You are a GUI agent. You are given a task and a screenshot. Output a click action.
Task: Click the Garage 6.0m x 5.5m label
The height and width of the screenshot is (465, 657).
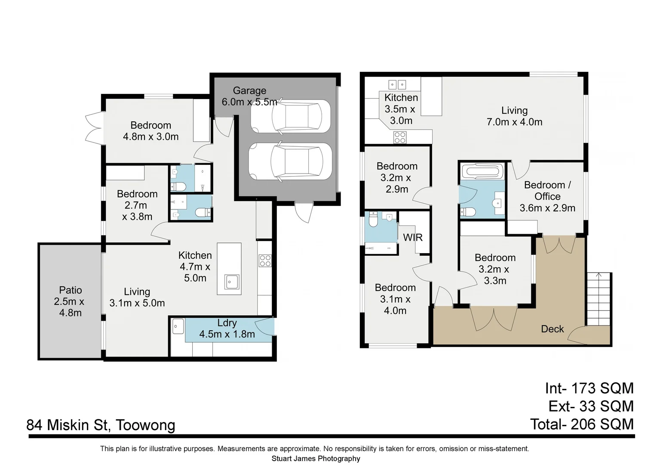pyautogui.click(x=249, y=96)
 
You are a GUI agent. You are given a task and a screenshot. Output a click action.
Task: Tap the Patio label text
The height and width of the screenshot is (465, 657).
pyautogui.click(x=71, y=290)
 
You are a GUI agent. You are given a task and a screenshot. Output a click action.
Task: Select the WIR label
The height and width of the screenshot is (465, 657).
pyautogui.click(x=413, y=237)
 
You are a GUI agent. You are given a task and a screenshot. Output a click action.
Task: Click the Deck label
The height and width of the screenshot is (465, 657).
pyautogui.click(x=552, y=329)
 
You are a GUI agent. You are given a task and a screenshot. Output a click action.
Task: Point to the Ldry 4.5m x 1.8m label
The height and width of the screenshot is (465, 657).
pyautogui.click(x=227, y=329)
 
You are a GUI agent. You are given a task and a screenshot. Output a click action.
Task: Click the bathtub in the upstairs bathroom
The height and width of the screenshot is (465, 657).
pyautogui.click(x=481, y=171)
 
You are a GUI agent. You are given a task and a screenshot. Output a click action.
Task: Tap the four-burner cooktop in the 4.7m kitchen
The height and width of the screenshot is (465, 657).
pyautogui.click(x=265, y=261)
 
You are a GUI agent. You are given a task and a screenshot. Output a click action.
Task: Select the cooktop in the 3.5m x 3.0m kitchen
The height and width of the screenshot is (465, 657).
pyautogui.click(x=400, y=137)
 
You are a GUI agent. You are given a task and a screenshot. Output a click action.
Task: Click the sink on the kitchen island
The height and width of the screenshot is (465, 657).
pyautogui.click(x=232, y=282)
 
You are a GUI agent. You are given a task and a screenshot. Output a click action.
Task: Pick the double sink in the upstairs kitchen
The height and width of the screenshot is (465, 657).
pyautogui.click(x=397, y=84)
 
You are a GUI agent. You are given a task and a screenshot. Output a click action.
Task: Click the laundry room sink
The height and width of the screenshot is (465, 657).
pyautogui.click(x=178, y=326)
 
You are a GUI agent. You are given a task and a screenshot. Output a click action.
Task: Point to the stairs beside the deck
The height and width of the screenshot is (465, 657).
pyautogui.click(x=599, y=299)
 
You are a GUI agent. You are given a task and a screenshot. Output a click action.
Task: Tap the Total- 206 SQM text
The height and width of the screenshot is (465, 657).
pyautogui.click(x=582, y=425)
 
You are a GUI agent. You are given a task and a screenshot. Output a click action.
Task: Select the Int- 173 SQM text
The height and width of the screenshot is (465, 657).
pyautogui.click(x=589, y=388)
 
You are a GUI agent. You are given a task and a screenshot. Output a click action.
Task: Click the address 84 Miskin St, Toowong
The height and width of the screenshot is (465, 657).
pyautogui.click(x=101, y=425)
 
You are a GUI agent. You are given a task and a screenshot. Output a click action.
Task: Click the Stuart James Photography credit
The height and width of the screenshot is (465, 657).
pyautogui.click(x=316, y=459)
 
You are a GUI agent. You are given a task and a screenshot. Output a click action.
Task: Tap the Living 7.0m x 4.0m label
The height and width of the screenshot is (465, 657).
pyautogui.click(x=514, y=116)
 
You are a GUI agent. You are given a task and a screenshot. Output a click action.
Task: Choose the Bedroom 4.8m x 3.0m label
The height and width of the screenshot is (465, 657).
pyautogui.click(x=151, y=131)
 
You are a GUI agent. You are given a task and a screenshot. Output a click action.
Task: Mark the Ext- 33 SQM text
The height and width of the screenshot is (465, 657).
pyautogui.click(x=591, y=406)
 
